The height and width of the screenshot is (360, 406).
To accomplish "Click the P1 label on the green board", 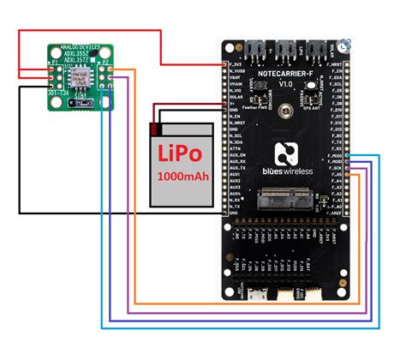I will [x=55, y=63].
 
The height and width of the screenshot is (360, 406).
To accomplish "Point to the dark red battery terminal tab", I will [x=153, y=129].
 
